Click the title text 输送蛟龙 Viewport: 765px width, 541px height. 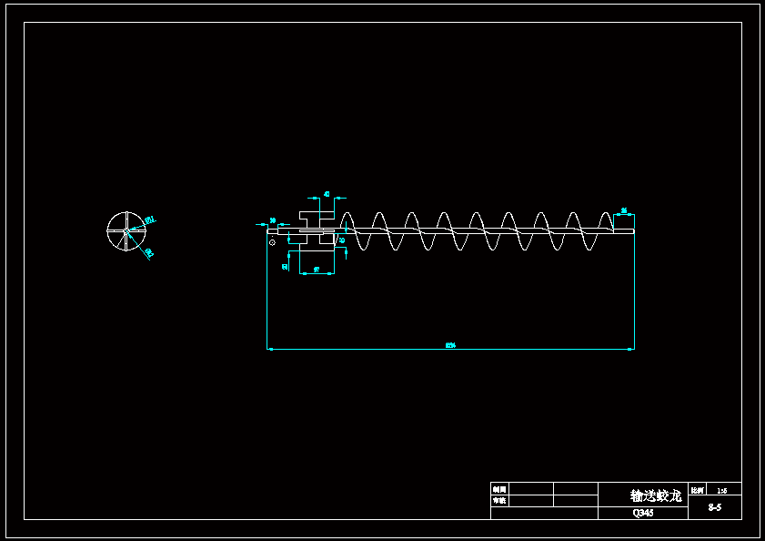click(x=655, y=496)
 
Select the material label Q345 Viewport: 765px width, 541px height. click(x=643, y=514)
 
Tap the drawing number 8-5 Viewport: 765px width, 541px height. click(x=714, y=507)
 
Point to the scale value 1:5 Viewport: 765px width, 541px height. click(x=721, y=490)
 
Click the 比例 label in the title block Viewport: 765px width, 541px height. click(x=697, y=490)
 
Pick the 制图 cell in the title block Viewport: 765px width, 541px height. click(x=498, y=489)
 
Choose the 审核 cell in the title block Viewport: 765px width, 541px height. click(x=498, y=501)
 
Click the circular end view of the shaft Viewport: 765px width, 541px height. click(x=126, y=230)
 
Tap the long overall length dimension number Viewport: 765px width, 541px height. click(x=450, y=345)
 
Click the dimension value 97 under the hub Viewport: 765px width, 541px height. click(x=316, y=270)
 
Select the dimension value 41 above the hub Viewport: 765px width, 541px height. click(x=327, y=194)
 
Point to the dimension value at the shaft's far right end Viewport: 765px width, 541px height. click(x=624, y=211)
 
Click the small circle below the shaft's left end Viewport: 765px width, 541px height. click(x=272, y=242)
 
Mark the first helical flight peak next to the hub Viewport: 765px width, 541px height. click(x=347, y=215)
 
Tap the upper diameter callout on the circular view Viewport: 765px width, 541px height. click(x=150, y=219)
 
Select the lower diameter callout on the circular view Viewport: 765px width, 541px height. click(x=148, y=252)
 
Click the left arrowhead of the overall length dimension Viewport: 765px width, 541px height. click(x=269, y=349)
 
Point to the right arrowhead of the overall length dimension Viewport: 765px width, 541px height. click(x=631, y=349)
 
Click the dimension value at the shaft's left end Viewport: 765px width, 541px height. click(x=273, y=220)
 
